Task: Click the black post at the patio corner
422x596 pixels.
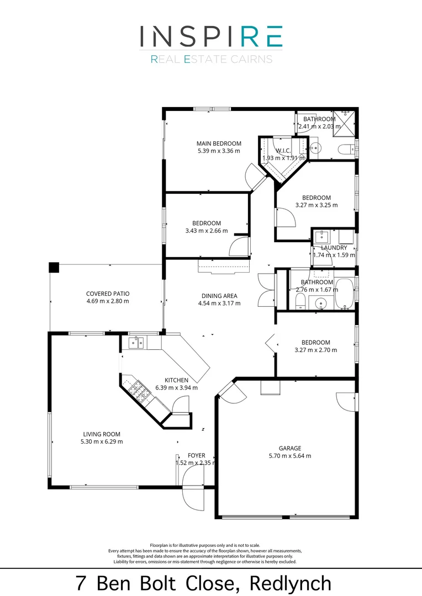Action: [x=53, y=267]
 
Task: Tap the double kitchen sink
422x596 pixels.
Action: [x=136, y=343]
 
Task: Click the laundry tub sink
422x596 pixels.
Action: [x=321, y=237]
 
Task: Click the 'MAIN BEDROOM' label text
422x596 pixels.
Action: [x=219, y=143]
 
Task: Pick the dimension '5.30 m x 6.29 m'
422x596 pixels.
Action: [x=102, y=441]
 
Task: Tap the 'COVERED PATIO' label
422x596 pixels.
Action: [x=107, y=294]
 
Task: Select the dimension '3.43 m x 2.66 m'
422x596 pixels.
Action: [x=207, y=231]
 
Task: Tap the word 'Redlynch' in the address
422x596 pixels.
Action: [x=291, y=583]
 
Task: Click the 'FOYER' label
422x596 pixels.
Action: [x=197, y=455]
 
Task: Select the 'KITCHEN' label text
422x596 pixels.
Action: [x=176, y=380]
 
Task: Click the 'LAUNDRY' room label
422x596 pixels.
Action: [x=334, y=248]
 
